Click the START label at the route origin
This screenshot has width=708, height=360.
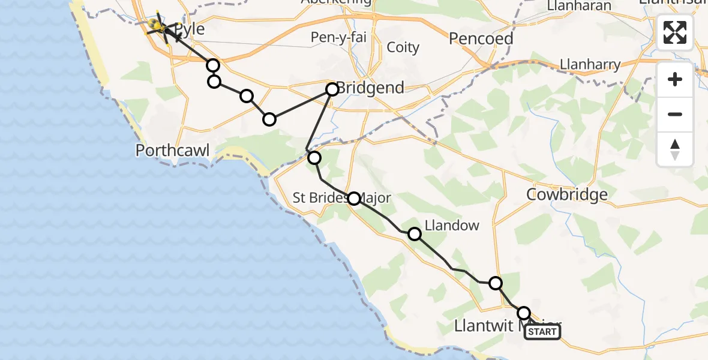(542, 332)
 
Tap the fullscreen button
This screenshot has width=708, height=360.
(675, 32)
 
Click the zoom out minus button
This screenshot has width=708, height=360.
(675, 114)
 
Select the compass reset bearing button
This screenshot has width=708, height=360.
(675, 149)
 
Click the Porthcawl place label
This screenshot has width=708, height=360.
(173, 150)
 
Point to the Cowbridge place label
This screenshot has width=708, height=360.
(566, 194)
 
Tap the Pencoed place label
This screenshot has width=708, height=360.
(481, 39)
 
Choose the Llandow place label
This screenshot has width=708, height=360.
(452, 226)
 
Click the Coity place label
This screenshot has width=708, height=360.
(403, 47)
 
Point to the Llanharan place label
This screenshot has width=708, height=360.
(579, 6)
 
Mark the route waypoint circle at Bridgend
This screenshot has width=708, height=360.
(332, 89)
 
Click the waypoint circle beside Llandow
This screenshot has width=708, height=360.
(415, 234)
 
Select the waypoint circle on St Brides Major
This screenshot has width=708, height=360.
(354, 199)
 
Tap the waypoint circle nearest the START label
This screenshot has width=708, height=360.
(524, 313)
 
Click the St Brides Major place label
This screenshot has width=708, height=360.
(341, 198)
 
